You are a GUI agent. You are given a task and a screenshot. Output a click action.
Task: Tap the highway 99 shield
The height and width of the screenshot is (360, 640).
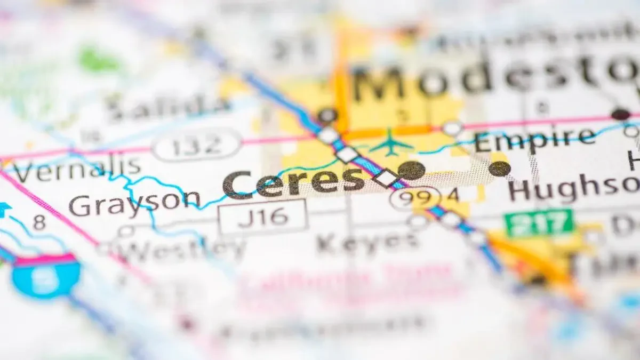pyautogui.click(x=415, y=197)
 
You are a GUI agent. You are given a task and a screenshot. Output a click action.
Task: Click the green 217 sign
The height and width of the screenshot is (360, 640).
pyautogui.click(x=539, y=222)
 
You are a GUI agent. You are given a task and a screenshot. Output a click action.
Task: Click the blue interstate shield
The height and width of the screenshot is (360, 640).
pyautogui.click(x=46, y=276)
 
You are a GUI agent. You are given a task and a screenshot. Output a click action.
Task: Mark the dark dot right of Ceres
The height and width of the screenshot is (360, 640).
pyautogui.click(x=411, y=170)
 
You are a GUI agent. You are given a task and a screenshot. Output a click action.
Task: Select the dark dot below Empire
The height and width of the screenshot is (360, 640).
pyautogui.click(x=500, y=169)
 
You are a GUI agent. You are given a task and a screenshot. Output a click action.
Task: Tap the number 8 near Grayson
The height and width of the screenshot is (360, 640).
pyautogui.click(x=39, y=222)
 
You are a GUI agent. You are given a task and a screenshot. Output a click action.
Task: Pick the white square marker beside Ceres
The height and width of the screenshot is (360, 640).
pyautogui.click(x=386, y=178)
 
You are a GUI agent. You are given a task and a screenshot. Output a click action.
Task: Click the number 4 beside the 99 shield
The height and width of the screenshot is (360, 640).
pyautogui.click(x=453, y=195)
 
